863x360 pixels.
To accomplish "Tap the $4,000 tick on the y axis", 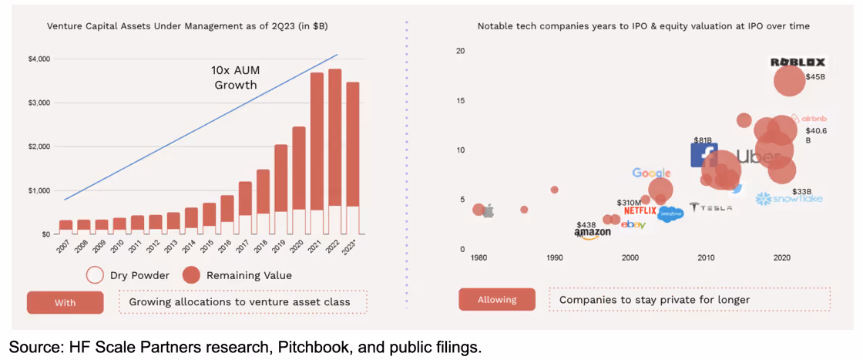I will (x=39, y=59).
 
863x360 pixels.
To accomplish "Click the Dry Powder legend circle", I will (x=95, y=274).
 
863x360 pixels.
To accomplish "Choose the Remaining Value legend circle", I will (x=192, y=274).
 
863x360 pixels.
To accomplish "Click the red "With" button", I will (x=65, y=302).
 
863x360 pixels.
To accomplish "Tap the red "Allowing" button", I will (x=496, y=299).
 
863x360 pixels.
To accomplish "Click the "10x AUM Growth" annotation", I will (x=235, y=77).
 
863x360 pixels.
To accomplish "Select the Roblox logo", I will (x=798, y=62).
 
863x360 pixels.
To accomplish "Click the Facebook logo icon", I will (x=703, y=155).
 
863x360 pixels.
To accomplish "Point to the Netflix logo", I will (x=640, y=210).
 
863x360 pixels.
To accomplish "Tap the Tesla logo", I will (x=710, y=207).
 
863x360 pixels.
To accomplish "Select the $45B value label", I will (x=815, y=77).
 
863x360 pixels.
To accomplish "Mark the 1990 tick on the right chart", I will (x=554, y=257).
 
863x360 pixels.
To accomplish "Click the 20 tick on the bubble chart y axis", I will (x=460, y=51).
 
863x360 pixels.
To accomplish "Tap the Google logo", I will (x=652, y=173).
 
